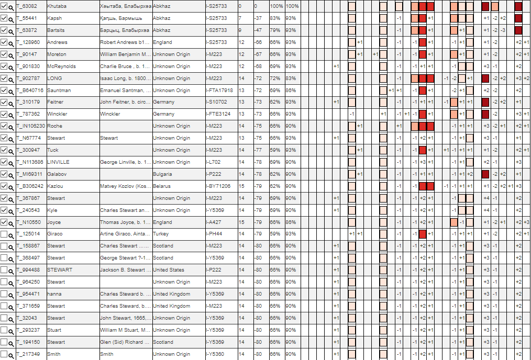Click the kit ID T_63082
point(28,6)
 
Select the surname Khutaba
point(56,6)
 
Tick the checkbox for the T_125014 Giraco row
point(4,234)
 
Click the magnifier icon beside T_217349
point(11,355)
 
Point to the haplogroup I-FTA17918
point(219,91)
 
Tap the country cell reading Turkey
point(161,234)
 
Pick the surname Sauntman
point(58,91)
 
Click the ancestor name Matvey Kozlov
point(125,186)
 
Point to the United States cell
point(168,270)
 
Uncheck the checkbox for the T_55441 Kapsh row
point(4,18)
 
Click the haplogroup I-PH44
point(214,234)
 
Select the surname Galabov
point(57,174)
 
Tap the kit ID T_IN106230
point(30,126)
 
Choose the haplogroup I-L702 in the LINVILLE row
point(214,162)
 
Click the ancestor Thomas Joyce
point(125,222)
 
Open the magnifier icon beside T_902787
point(11,78)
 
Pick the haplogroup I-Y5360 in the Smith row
point(215,354)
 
